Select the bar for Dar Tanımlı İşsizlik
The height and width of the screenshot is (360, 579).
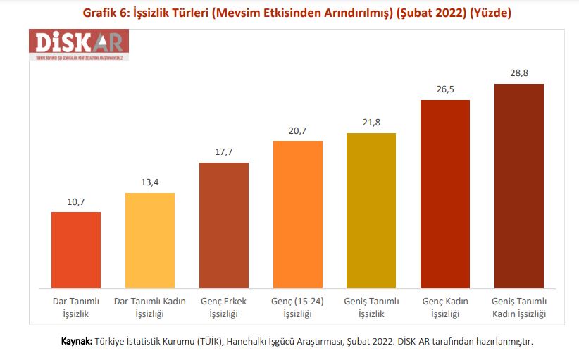point(76,249)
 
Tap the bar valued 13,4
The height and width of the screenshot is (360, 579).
point(150,240)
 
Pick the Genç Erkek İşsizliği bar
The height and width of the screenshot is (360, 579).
point(224,225)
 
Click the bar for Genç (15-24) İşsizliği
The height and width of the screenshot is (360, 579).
point(297,214)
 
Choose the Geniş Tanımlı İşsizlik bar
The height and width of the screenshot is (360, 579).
point(371,211)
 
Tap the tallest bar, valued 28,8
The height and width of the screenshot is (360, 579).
point(519,186)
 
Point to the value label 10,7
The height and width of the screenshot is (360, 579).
point(76,202)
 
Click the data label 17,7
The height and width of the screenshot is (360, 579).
point(224,153)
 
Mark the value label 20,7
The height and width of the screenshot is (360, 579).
point(297,131)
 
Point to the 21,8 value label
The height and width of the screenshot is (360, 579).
point(371,123)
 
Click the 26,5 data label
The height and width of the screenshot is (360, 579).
point(445,90)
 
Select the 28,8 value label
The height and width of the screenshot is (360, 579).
point(519,74)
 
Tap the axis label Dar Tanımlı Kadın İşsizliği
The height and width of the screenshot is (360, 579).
point(150,307)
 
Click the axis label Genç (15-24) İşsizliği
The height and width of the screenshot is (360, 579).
point(297,307)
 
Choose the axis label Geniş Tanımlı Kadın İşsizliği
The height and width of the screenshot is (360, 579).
point(519,307)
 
